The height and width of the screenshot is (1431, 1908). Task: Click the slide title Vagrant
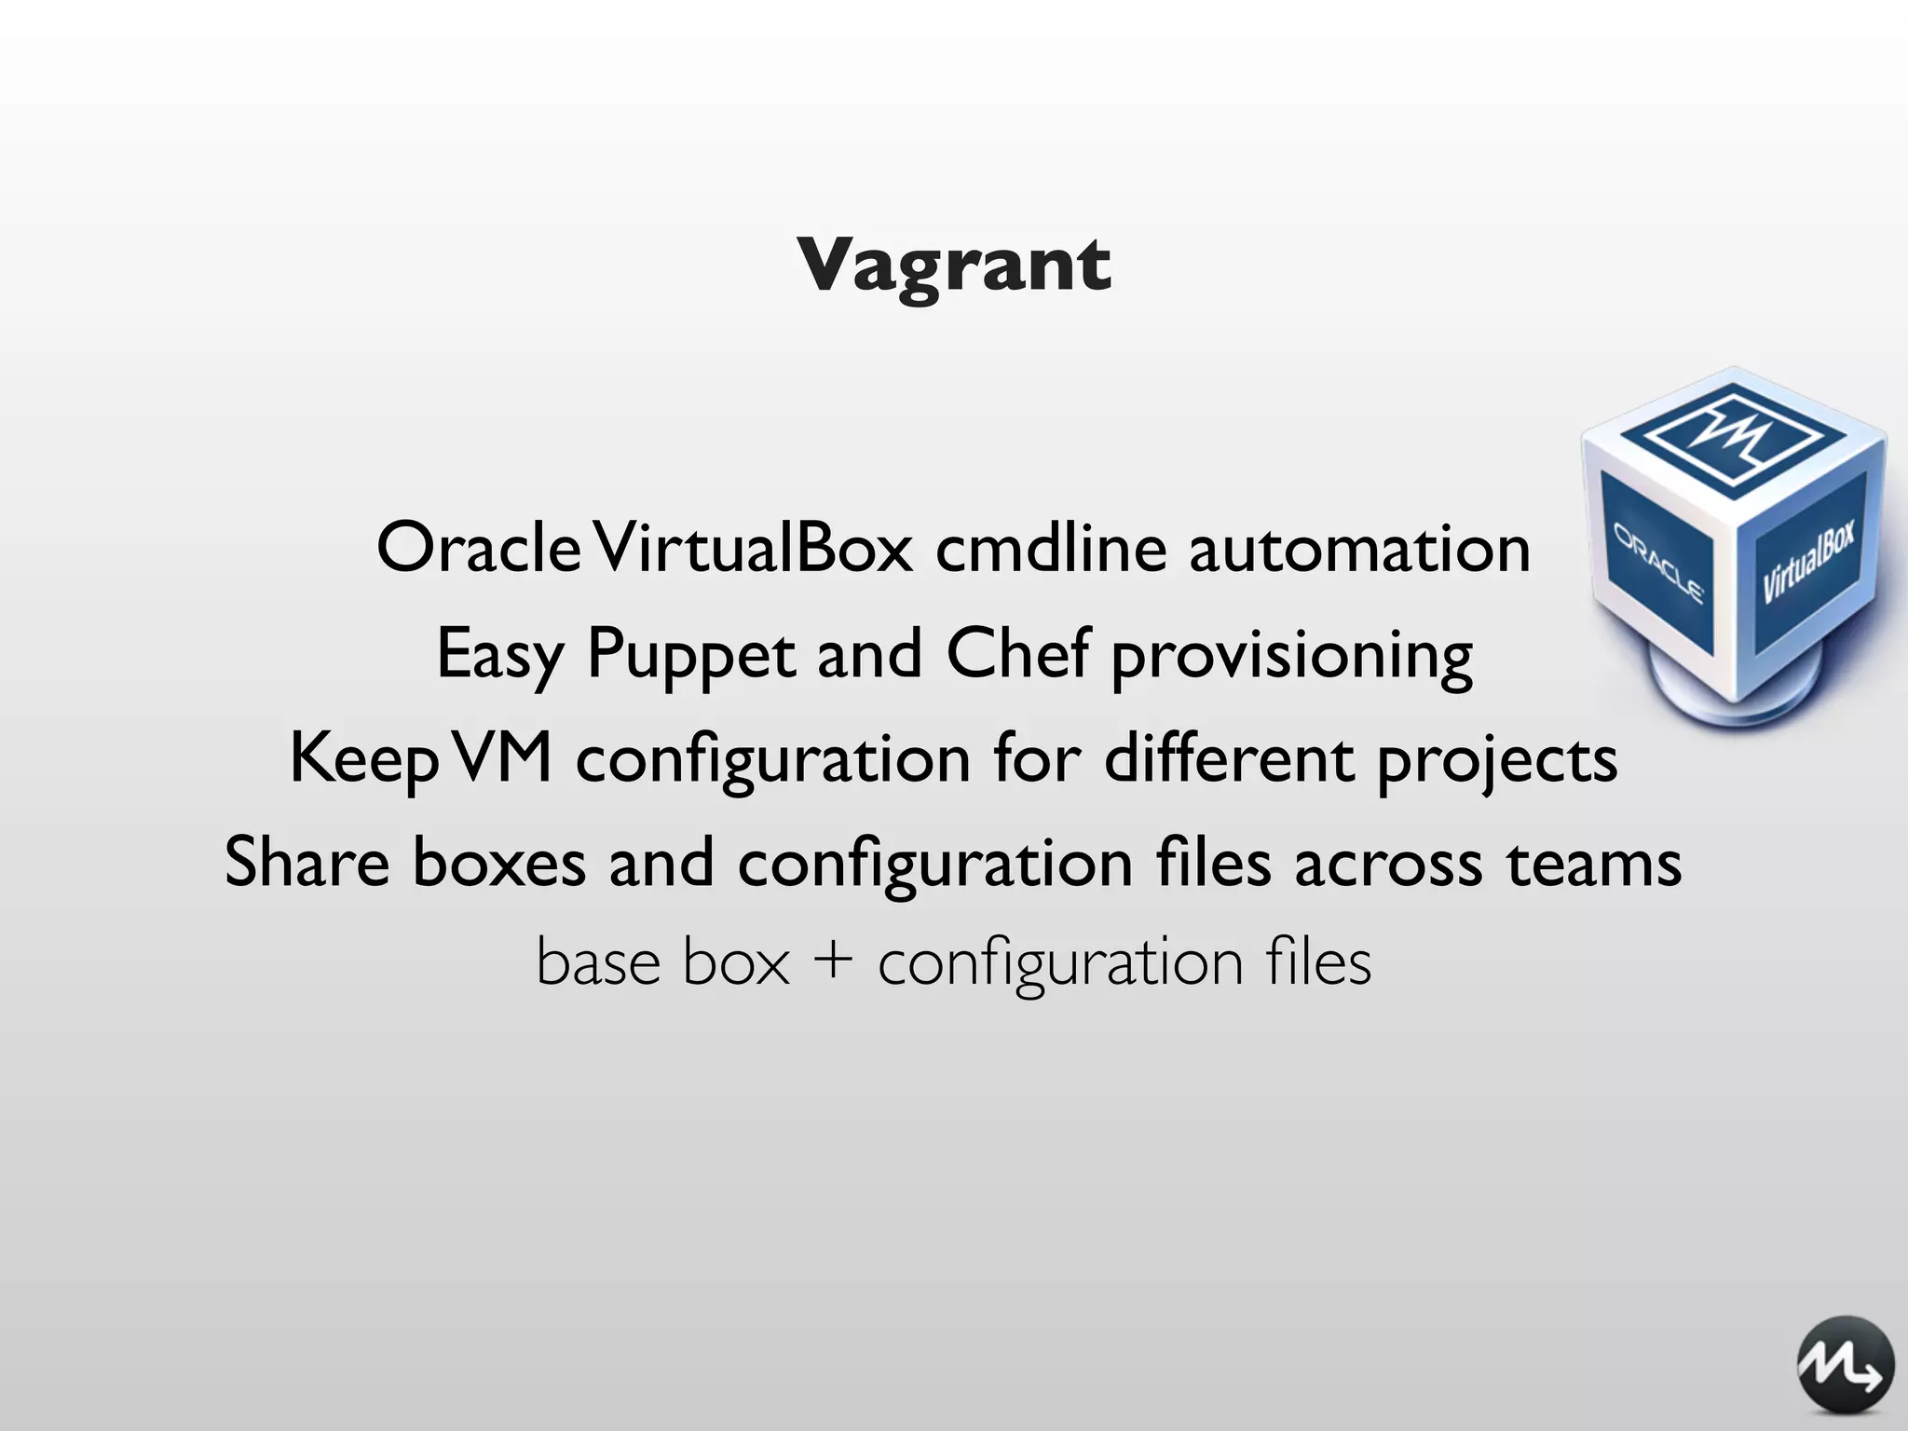(x=953, y=266)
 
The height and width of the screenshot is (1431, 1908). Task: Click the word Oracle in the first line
(x=479, y=548)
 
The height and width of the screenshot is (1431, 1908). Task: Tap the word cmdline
(x=1051, y=548)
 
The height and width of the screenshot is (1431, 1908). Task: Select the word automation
(x=1359, y=550)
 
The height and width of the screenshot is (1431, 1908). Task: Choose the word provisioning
(x=1292, y=658)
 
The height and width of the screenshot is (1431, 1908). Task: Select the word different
(x=1229, y=758)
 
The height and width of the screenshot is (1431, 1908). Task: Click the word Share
(x=307, y=863)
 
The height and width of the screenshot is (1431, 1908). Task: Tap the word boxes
(x=499, y=864)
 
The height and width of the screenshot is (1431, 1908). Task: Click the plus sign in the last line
(x=834, y=961)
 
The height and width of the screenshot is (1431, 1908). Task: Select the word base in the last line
(x=597, y=961)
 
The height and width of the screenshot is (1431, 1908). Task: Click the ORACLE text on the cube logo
(x=1658, y=565)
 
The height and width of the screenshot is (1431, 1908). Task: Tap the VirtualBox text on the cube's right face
(x=1808, y=562)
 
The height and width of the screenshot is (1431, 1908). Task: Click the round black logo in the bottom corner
(x=1845, y=1365)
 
